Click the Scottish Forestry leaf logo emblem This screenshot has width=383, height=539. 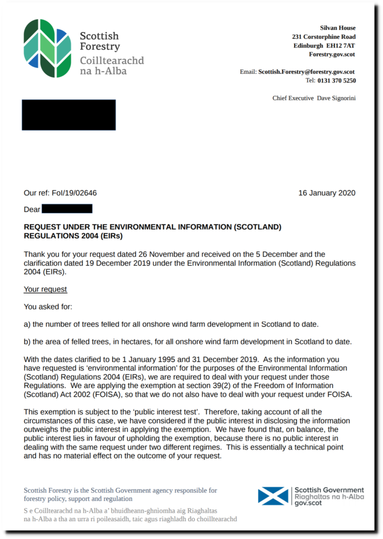47,48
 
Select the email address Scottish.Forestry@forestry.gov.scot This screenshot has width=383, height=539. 306,72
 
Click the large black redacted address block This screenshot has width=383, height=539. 68,115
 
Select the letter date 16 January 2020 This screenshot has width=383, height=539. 327,193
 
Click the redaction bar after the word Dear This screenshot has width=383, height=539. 67,209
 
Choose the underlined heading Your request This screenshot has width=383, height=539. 45,290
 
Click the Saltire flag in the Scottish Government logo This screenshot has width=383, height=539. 273,496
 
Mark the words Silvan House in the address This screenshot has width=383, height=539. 338,28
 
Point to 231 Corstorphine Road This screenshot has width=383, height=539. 324,37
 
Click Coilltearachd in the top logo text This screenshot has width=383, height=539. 112,60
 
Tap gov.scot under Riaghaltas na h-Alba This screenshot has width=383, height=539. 308,503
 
